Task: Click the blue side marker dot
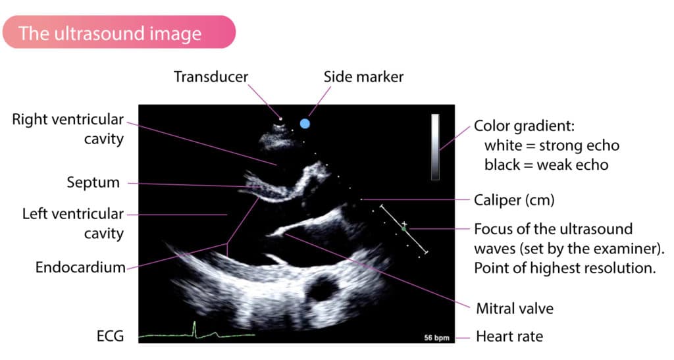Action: pyautogui.click(x=305, y=124)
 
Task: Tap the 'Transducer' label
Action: pyautogui.click(x=211, y=77)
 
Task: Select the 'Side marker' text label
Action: pyautogui.click(x=363, y=77)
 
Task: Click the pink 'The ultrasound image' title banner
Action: pyautogui.click(x=119, y=32)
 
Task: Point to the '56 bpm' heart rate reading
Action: pyautogui.click(x=437, y=338)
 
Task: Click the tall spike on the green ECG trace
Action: pyautogui.click(x=194, y=328)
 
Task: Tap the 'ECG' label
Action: pyautogui.click(x=111, y=336)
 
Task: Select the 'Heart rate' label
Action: pyautogui.click(x=509, y=336)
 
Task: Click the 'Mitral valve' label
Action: pyautogui.click(x=515, y=309)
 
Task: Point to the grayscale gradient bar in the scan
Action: pyautogui.click(x=436, y=147)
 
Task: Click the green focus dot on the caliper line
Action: pyautogui.click(x=403, y=229)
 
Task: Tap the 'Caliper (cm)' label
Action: pyautogui.click(x=514, y=200)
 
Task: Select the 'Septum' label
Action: pyautogui.click(x=93, y=182)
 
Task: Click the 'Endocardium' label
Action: pyautogui.click(x=80, y=267)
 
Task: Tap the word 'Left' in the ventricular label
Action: pyautogui.click(x=36, y=214)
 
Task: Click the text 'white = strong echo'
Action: pyautogui.click(x=552, y=145)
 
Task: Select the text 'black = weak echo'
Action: pyautogui.click(x=546, y=165)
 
